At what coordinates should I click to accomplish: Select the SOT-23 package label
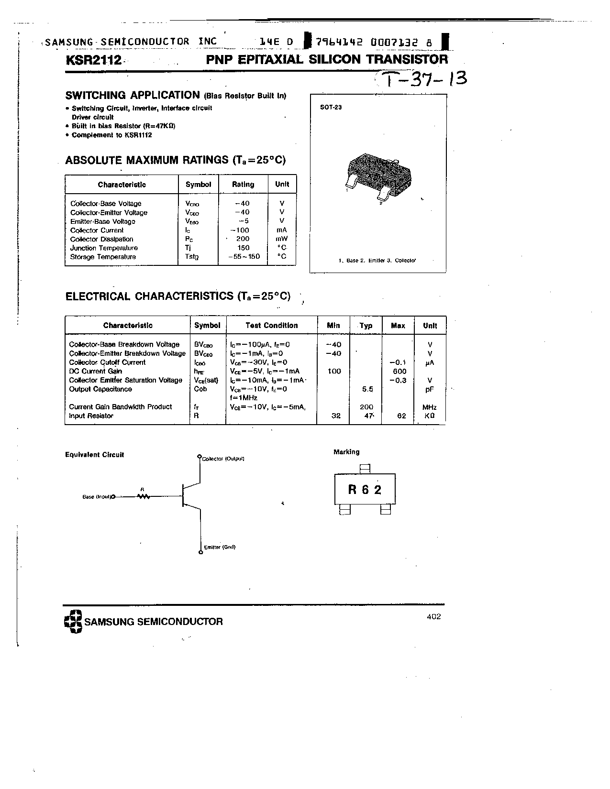(x=331, y=107)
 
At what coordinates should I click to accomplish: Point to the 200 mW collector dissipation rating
(x=243, y=239)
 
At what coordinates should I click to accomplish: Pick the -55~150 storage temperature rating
(x=244, y=256)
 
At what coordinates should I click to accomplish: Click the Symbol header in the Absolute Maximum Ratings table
(x=198, y=184)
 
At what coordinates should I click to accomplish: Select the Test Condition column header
(x=271, y=325)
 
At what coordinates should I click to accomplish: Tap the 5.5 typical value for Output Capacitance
(x=367, y=389)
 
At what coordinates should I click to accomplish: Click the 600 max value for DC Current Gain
(x=399, y=371)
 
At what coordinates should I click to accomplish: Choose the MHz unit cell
(x=429, y=407)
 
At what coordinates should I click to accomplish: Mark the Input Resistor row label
(x=91, y=416)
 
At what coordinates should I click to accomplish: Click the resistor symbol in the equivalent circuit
(x=143, y=496)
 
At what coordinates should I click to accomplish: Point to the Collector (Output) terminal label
(x=223, y=459)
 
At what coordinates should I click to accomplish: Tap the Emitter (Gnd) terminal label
(x=220, y=547)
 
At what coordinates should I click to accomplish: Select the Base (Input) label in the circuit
(x=97, y=497)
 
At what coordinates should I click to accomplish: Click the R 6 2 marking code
(x=365, y=489)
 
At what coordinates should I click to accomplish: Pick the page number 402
(x=433, y=616)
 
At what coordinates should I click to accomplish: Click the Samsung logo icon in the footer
(x=73, y=622)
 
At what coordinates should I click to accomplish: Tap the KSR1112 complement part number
(x=138, y=135)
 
